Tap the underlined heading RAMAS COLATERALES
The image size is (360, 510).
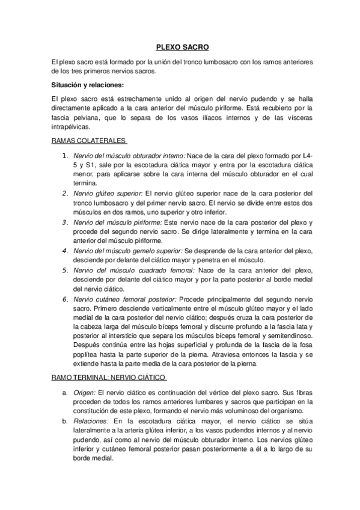[89, 141]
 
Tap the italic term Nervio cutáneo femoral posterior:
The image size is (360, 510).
[124, 299]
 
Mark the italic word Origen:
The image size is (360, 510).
[85, 392]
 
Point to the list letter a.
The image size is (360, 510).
[65, 392]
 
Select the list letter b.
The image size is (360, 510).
[65, 421]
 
